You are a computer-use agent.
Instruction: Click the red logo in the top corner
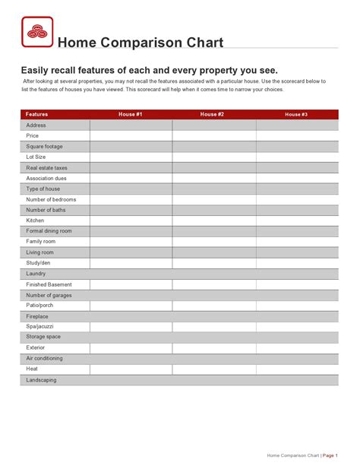coord(36,33)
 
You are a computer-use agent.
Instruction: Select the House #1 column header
coord(131,114)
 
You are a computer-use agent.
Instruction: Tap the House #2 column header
coord(212,114)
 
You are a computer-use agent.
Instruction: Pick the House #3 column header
coord(296,114)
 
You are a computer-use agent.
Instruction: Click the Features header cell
coord(37,114)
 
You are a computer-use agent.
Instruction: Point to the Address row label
coord(36,125)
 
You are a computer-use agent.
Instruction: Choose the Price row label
coord(33,135)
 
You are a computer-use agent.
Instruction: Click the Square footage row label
coord(45,146)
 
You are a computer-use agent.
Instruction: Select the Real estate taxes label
coord(47,167)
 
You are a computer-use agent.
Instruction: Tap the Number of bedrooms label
coord(51,199)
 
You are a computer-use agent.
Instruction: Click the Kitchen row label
coord(36,220)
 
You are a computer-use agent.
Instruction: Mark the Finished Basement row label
coord(49,284)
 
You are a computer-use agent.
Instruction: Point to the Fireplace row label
coord(37,316)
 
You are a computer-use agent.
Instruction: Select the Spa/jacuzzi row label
coord(40,326)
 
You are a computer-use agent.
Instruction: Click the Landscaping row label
coord(42,379)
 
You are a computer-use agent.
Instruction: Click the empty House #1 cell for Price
coord(131,135)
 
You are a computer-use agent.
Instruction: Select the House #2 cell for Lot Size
coord(213,157)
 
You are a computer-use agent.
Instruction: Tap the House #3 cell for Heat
coord(297,369)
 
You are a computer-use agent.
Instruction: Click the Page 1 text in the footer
coord(330,455)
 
